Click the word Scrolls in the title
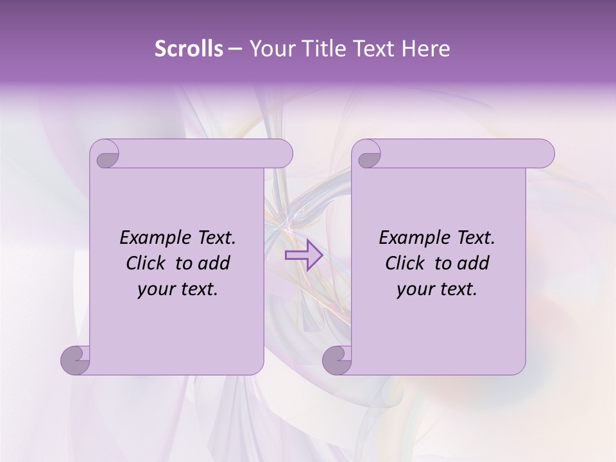[x=189, y=49]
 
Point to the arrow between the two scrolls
[x=304, y=255]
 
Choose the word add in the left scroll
[x=214, y=263]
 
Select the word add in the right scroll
[x=473, y=263]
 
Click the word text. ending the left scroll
[x=198, y=290]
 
